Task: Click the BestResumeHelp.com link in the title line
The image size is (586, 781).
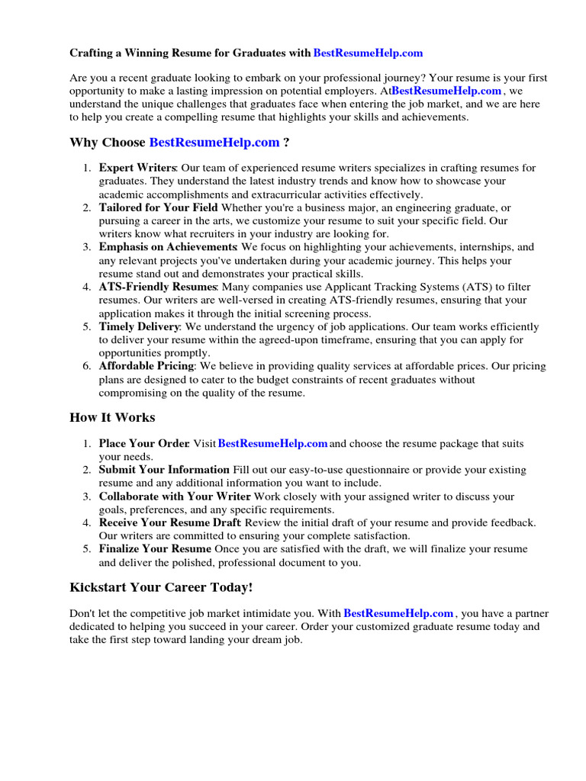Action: pos(368,53)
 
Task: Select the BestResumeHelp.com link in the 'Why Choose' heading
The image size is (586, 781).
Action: pos(214,142)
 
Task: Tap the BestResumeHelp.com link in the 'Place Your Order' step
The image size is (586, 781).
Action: pos(273,444)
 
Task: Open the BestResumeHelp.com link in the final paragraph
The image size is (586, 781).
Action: pos(399,613)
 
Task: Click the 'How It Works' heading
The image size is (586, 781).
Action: pos(112,417)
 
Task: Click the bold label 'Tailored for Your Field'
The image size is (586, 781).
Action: pos(158,207)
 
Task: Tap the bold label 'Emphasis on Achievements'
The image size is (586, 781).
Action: pos(167,247)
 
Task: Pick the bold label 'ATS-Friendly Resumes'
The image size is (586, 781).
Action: pos(158,287)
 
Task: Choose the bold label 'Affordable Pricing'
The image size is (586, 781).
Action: pos(147,366)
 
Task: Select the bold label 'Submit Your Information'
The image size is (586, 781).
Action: pos(164,470)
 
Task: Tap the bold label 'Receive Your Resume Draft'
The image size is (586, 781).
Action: pos(169,522)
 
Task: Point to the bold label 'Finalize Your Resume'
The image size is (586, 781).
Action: pos(155,549)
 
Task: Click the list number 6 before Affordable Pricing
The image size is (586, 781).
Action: pos(87,366)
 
